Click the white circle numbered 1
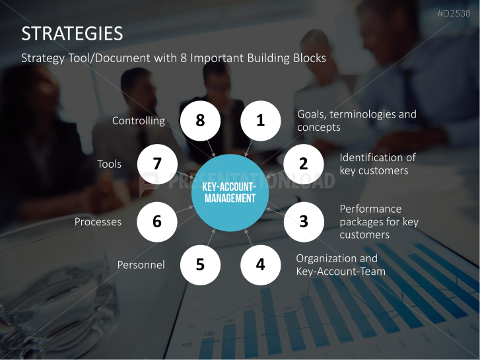(261, 121)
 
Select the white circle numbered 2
(303, 164)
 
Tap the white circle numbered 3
(304, 222)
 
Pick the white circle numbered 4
(261, 265)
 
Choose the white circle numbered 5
(200, 265)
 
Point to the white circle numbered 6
(157, 222)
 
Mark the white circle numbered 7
(157, 164)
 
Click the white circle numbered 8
(200, 121)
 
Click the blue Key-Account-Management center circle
(230, 193)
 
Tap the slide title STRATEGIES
(72, 34)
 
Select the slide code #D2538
(454, 13)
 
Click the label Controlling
(139, 121)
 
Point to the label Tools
(110, 164)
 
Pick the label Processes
(98, 222)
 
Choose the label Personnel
(141, 265)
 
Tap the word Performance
(370, 209)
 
